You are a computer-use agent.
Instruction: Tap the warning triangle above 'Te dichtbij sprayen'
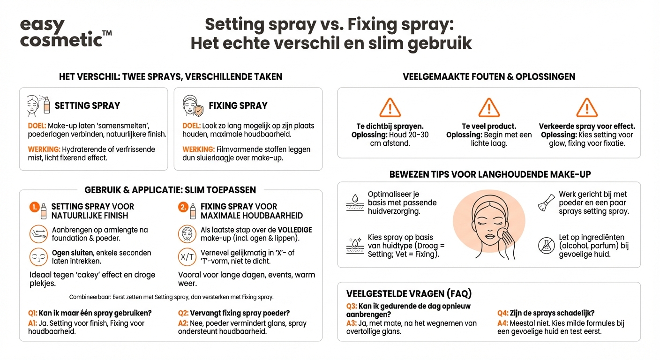pos(390,108)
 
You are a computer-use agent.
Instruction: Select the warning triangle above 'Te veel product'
pos(489,108)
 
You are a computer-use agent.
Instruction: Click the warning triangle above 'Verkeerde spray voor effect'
pos(587,108)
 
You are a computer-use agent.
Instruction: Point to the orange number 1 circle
pos(34,207)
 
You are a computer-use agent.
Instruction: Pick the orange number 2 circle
pos(183,207)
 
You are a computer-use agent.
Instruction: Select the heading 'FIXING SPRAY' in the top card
pos(238,105)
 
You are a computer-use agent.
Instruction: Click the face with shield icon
pos(192,105)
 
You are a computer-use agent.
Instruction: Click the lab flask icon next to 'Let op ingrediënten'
pos(546,246)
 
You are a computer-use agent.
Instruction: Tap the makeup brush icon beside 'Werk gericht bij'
pos(546,203)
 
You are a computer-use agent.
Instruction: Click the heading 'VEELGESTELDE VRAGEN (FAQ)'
pos(409,294)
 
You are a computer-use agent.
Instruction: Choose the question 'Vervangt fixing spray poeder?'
pos(240,313)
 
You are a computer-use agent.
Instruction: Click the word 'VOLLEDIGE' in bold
pos(294,230)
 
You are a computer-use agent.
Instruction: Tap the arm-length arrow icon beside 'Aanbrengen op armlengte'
pos(38,233)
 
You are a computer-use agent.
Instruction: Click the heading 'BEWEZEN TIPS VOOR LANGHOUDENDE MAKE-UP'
pos(490,174)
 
